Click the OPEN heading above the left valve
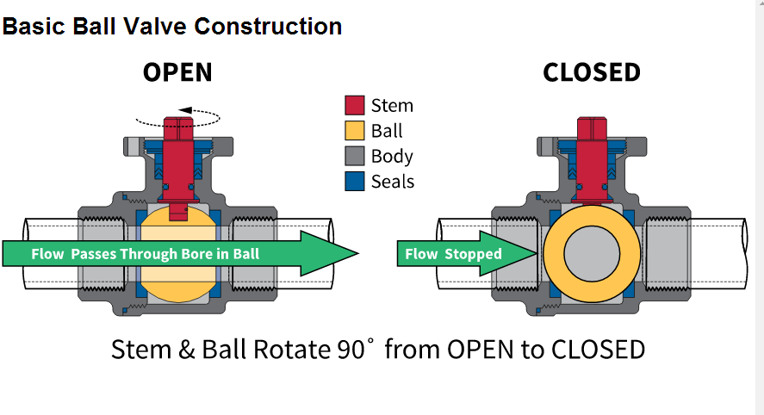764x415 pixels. [177, 72]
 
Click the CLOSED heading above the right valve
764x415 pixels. [591, 72]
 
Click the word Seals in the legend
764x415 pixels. [393, 182]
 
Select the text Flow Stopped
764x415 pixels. [453, 254]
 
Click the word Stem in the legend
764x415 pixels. [392, 106]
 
